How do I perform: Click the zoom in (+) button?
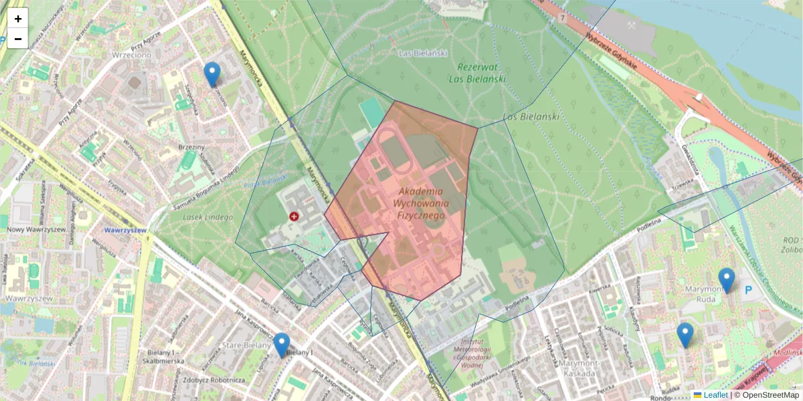(x=18, y=19)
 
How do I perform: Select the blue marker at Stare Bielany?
(x=282, y=345)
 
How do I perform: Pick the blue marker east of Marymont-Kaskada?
(x=685, y=335)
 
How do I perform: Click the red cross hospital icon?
(x=294, y=216)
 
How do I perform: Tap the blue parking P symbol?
(x=749, y=291)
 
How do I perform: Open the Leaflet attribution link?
(x=715, y=395)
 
